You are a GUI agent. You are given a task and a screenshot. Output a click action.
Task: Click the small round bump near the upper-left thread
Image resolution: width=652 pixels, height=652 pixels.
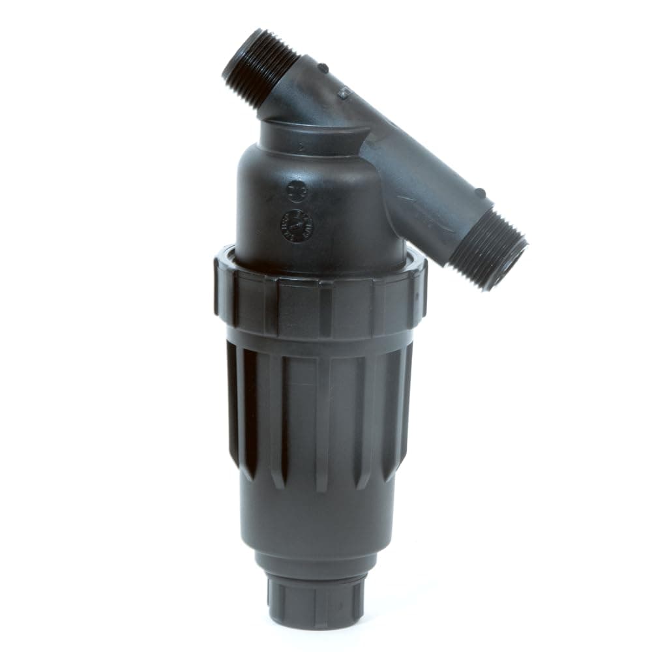pyautogui.click(x=322, y=68)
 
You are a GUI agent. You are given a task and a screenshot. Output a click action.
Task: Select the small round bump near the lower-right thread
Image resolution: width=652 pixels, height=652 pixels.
pyautogui.click(x=480, y=193)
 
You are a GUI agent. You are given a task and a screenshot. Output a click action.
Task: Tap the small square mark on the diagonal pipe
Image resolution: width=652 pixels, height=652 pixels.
pyautogui.click(x=344, y=94)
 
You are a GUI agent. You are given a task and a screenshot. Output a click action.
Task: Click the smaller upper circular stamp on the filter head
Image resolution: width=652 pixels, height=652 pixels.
pyautogui.click(x=296, y=191)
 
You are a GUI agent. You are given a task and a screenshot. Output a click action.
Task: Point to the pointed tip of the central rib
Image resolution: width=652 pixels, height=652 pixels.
pyautogui.click(x=321, y=489)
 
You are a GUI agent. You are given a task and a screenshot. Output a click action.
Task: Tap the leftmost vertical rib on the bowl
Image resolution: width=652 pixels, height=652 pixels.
pyautogui.click(x=233, y=404)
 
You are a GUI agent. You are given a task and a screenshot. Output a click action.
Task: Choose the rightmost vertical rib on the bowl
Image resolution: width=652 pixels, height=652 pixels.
pyautogui.click(x=406, y=404)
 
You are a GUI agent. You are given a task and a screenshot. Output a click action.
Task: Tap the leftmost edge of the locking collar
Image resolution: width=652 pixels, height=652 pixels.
pyautogui.click(x=216, y=287)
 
